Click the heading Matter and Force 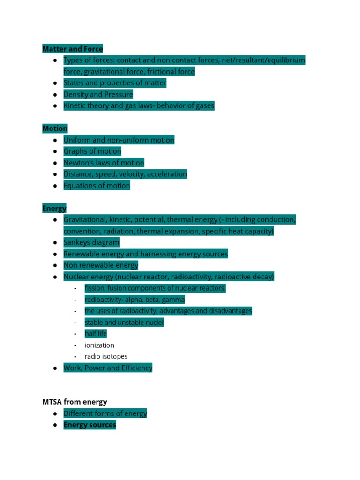coord(72,49)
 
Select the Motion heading coord(55,128)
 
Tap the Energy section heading coord(54,208)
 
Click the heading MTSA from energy coord(75,402)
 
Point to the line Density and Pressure coord(98,94)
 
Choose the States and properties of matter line coord(115,83)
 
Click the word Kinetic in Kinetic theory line coord(75,106)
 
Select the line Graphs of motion coord(92,151)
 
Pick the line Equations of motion coord(97,186)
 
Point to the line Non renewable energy coord(101,265)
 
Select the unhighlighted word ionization coord(99,345)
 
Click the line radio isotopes coord(106,356)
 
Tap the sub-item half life coord(96,334)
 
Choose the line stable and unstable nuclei coord(124,322)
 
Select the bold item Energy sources coord(90,425)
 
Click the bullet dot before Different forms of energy coord(55,413)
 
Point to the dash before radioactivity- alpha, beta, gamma coord(75,300)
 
